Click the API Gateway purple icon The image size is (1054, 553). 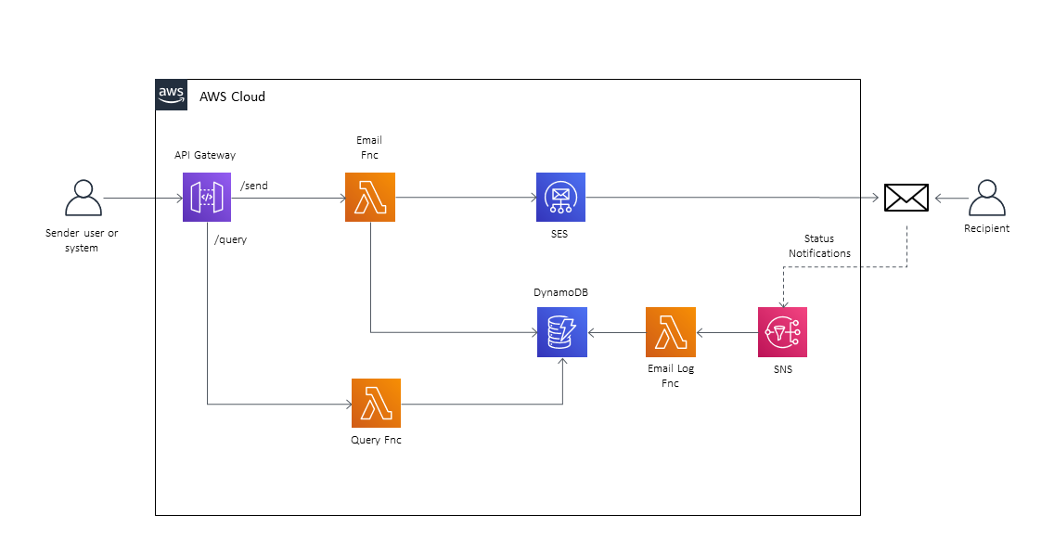207,198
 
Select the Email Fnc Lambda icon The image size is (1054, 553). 369,198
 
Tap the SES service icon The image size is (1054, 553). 560,198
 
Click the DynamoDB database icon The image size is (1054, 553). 561,332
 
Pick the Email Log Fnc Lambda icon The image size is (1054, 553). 671,332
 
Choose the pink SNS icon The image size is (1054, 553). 782,332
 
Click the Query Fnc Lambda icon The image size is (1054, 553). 376,403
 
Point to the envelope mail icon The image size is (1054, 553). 906,198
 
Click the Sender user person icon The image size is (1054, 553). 83,199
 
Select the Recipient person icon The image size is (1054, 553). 986,198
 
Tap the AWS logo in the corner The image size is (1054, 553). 171,95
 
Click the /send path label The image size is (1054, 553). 254,186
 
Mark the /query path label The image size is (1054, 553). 230,239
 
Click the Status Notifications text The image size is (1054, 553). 819,246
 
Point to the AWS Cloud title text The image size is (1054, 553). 232,96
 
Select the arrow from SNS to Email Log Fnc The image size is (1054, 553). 726,332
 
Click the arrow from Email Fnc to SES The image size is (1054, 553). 465,198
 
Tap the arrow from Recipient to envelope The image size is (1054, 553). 951,198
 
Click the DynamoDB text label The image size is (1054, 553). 560,292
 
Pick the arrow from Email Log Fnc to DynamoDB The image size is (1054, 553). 616,332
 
